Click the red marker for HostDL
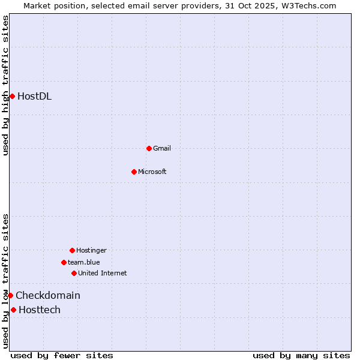(12, 96)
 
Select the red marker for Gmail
(149, 148)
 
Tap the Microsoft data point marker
(134, 172)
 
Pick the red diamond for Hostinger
(72, 250)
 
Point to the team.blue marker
(64, 262)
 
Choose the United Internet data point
(74, 273)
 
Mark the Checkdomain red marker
(10, 295)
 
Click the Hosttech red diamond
(13, 310)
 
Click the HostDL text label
(35, 96)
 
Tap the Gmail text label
(162, 148)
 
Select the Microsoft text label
(152, 172)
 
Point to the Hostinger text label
(91, 250)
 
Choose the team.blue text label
(84, 262)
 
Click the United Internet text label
(103, 273)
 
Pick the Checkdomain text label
(48, 295)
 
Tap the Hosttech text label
(40, 310)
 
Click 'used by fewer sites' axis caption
(62, 355)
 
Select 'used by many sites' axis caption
(301, 355)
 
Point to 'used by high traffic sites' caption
(5, 85)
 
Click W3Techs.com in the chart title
(308, 5)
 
